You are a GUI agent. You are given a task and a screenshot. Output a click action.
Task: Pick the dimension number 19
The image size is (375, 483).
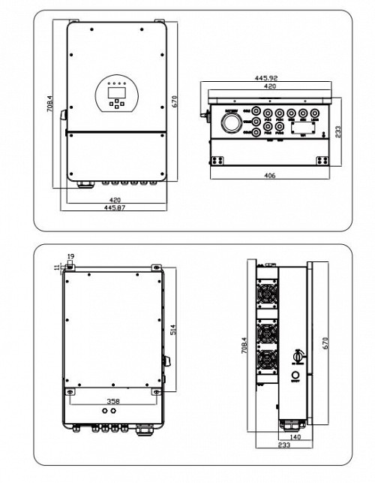coord(70,257)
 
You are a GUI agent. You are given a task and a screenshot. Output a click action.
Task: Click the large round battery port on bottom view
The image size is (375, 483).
coord(232,120)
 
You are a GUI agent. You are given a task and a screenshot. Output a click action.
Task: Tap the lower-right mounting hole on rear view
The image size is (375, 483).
coord(156,391)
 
